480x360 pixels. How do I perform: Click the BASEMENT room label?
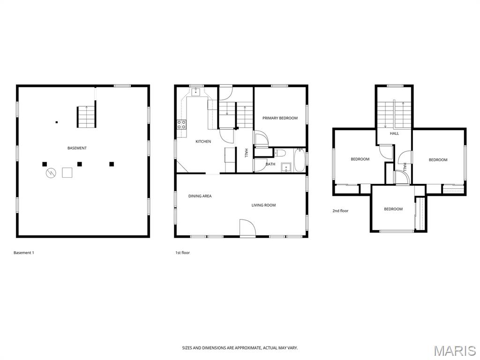tap(77, 148)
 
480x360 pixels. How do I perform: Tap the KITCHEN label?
tap(203, 141)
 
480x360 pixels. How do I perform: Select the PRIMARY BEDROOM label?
tap(280, 118)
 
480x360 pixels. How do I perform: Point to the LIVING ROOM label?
tap(263, 205)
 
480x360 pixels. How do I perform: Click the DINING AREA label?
tap(200, 196)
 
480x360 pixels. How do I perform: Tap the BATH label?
tap(270, 164)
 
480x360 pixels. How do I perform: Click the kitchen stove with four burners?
tap(181, 124)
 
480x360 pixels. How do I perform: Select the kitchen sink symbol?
tap(195, 91)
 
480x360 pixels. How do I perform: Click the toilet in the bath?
tap(280, 152)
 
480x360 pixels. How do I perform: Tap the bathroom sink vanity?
tap(286, 167)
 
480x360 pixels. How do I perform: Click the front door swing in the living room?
tap(247, 228)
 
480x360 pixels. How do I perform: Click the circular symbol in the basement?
tap(51, 173)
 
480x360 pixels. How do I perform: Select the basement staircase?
tap(86, 117)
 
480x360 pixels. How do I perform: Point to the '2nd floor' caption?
tap(340, 211)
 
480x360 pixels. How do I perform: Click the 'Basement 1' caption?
tap(24, 253)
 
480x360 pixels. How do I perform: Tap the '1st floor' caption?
tap(182, 253)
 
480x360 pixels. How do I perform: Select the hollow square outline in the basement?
tap(67, 172)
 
